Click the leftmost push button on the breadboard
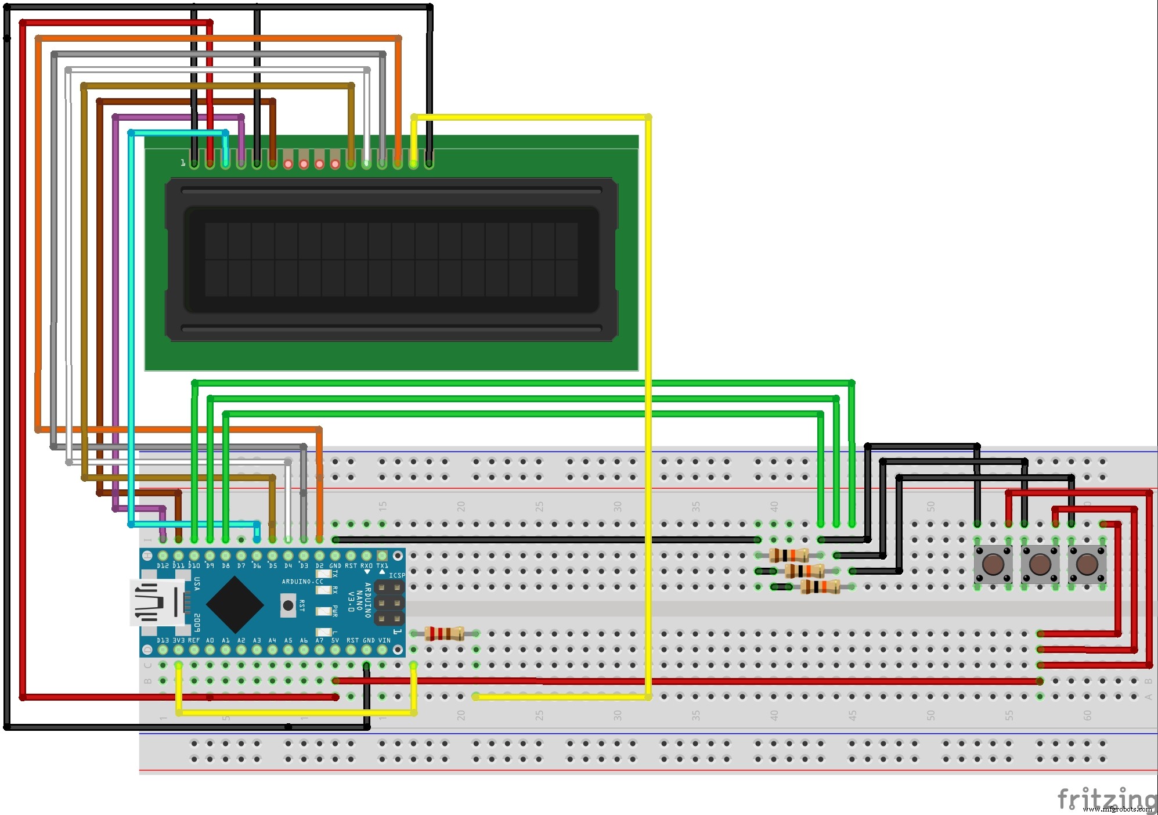pos(993,564)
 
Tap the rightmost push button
pos(1087,564)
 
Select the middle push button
pos(1040,564)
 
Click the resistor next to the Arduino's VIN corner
pos(444,633)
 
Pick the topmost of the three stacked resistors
pos(788,556)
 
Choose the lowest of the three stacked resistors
pos(820,587)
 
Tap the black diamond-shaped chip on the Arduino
pos(235,604)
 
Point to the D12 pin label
pos(163,565)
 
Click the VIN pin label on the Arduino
pos(384,641)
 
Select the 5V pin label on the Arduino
pos(335,641)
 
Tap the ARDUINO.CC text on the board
pos(302,581)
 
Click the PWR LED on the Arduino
pos(322,611)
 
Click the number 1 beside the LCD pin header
pos(183,163)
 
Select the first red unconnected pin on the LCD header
pos(288,164)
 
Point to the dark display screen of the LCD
pos(391,259)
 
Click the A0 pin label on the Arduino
pos(210,641)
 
